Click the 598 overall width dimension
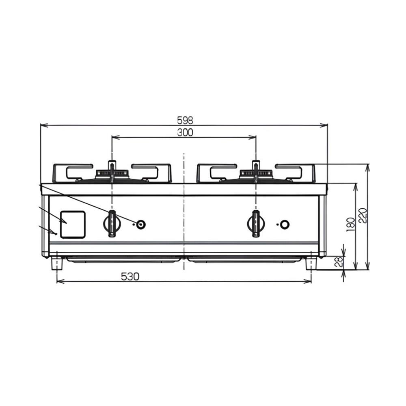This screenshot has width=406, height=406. (x=185, y=120)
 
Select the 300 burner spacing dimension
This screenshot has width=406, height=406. (x=185, y=133)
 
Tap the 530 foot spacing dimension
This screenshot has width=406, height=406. (x=130, y=277)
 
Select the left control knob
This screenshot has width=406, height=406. (x=112, y=223)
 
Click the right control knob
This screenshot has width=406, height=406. (x=255, y=224)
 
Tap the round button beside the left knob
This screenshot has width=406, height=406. (x=141, y=224)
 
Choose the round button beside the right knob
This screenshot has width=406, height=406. (x=285, y=225)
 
